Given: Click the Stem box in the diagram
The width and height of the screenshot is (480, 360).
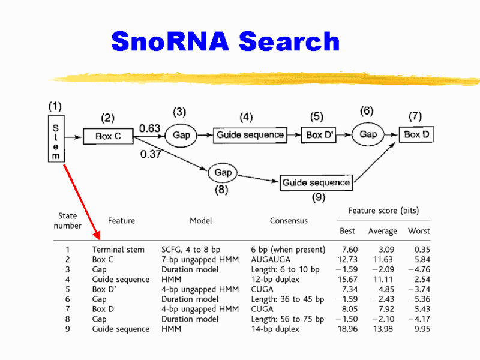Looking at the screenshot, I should tap(56, 139).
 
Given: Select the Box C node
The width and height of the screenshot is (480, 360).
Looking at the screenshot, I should tap(108, 136).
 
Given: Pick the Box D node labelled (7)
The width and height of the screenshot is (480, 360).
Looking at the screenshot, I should tap(416, 134).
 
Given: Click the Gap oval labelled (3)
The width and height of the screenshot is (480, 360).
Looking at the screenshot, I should tap(181, 135).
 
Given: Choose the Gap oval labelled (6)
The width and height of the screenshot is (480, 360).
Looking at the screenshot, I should tap(368, 134).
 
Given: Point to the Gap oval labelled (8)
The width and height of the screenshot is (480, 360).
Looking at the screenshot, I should tap(223, 173).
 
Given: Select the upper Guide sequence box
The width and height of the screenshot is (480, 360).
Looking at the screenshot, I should tap(250, 135).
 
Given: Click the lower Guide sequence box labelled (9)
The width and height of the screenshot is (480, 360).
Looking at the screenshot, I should tap(316, 182).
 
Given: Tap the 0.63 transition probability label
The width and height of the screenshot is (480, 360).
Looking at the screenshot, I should tap(149, 128).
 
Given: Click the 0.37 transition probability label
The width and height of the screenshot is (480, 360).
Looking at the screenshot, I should tap(151, 155).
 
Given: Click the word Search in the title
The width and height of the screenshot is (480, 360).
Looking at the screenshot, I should tap(289, 41).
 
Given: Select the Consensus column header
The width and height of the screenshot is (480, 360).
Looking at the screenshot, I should tap(289, 221).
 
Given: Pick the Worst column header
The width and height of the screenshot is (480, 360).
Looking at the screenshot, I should tap(419, 231).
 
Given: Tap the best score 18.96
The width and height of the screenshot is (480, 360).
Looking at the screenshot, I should tap(349, 329).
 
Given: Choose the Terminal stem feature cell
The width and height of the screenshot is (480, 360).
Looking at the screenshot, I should tap(118, 250).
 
